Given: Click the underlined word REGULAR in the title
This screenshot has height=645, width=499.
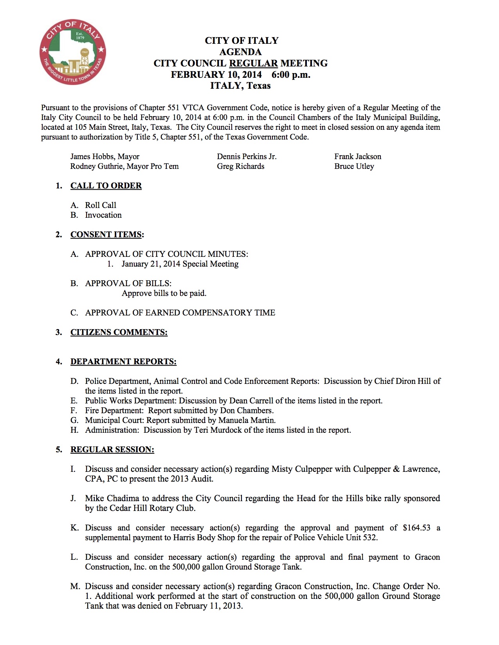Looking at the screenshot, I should click(x=253, y=63).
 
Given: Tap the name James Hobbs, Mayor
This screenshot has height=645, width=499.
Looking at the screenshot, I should click(x=105, y=157).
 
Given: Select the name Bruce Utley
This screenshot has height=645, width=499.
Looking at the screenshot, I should click(x=354, y=167).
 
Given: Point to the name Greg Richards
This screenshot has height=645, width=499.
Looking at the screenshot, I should click(x=241, y=167).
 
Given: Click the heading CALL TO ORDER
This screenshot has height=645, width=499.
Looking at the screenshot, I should click(x=106, y=186).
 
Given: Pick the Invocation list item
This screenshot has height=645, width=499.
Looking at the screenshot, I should click(x=103, y=215).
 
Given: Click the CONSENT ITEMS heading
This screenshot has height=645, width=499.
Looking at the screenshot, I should click(x=106, y=235).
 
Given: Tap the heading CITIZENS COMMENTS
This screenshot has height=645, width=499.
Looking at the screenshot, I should click(x=119, y=333).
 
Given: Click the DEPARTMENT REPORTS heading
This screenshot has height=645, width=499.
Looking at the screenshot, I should click(x=123, y=362).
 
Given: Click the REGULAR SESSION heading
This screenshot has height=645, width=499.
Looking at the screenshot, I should click(x=112, y=450).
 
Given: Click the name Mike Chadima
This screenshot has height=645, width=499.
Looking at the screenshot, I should click(x=112, y=499).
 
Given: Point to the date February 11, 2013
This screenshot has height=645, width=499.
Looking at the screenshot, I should click(x=209, y=606).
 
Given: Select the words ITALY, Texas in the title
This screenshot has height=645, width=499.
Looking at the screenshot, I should click(x=240, y=86).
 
